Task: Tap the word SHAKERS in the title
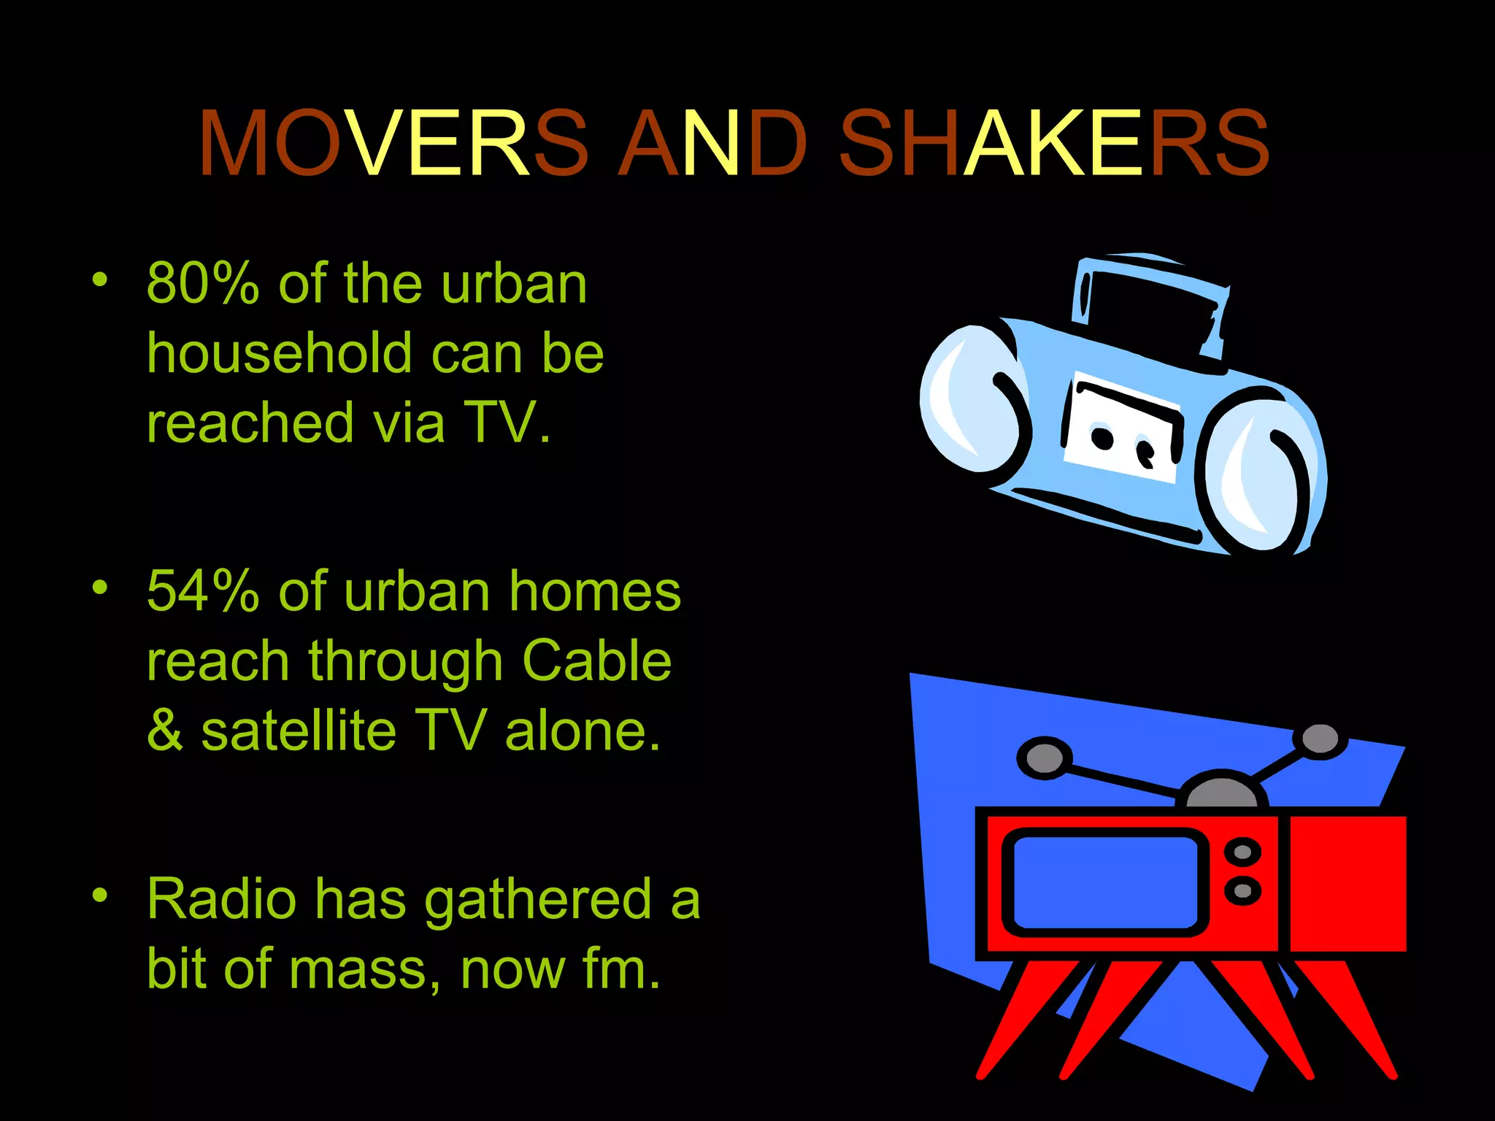click(x=1053, y=143)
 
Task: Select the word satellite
click(x=298, y=731)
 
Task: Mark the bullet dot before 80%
click(x=100, y=280)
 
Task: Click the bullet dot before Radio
click(x=100, y=895)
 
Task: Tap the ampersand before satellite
click(x=165, y=731)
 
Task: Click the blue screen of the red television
click(x=1104, y=883)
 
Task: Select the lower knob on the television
click(x=1242, y=890)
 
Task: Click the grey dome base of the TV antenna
click(x=1221, y=793)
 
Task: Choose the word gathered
click(x=537, y=898)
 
